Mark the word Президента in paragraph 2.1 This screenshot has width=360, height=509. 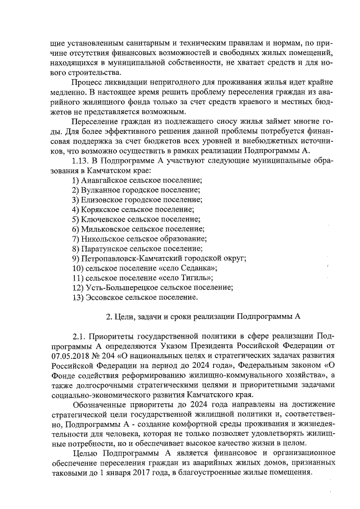[x=232, y=346]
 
